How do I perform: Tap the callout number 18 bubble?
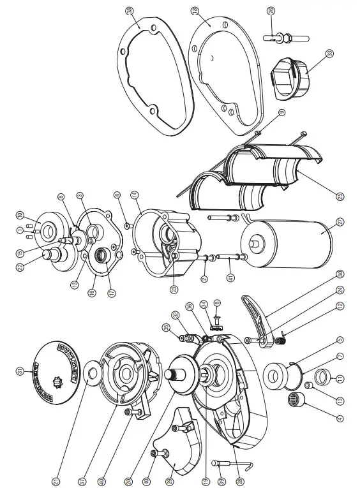(x=194, y=11)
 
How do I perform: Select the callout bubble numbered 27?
(x=340, y=222)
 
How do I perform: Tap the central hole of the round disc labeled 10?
(x=40, y=227)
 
